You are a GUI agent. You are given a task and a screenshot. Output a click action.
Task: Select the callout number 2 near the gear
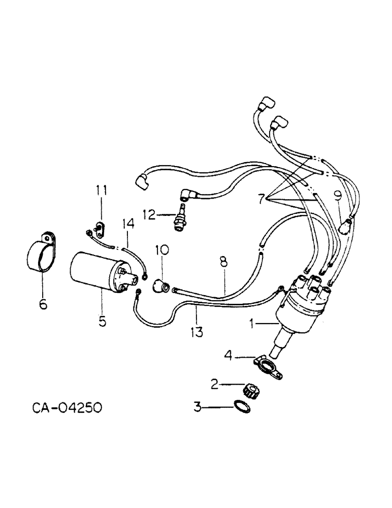pyautogui.click(x=215, y=384)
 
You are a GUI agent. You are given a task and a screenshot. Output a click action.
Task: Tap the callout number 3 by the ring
pyautogui.click(x=198, y=406)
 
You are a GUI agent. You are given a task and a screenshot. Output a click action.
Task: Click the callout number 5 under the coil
pyautogui.click(x=103, y=322)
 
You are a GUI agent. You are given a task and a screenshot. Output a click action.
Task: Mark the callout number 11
pyautogui.click(x=102, y=190)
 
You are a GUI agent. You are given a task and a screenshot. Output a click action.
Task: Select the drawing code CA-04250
pyautogui.click(x=63, y=407)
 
